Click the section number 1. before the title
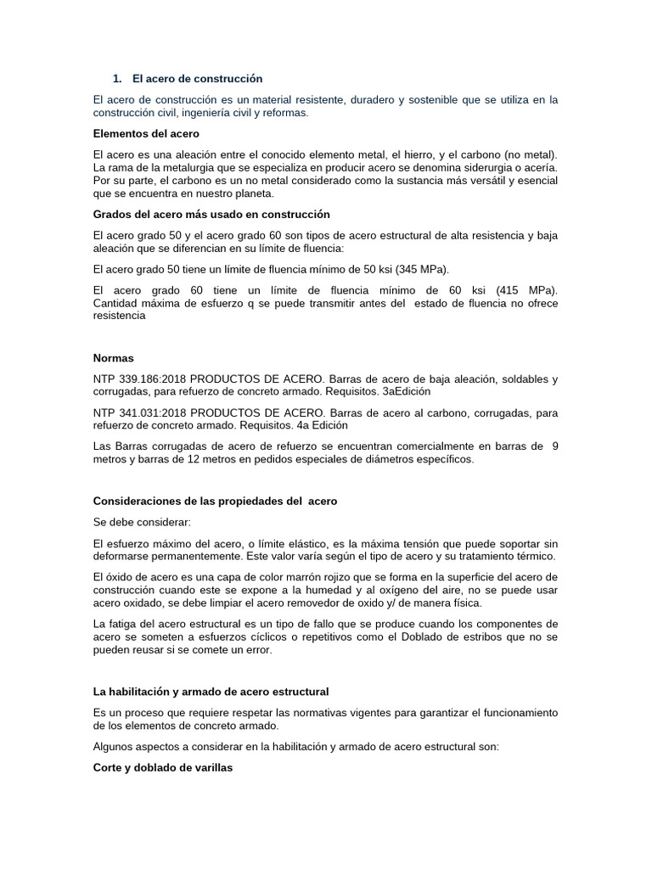pyautogui.click(x=118, y=79)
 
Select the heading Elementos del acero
pyautogui.click(x=146, y=134)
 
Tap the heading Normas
pyautogui.click(x=114, y=358)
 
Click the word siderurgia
pyautogui.click(x=481, y=169)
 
